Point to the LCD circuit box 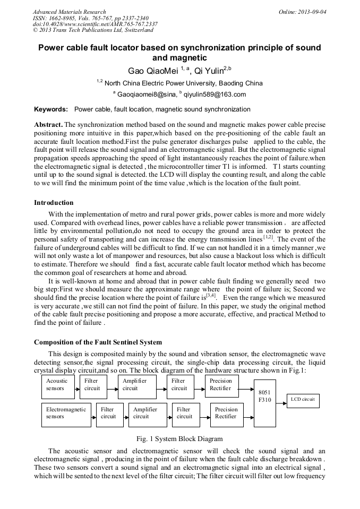coord(303,400)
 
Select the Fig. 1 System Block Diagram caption coord(179,439)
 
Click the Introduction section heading coord(54,202)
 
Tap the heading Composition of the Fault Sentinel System coord(98,342)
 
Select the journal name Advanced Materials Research coord(70,12)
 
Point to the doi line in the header coord(95,24)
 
